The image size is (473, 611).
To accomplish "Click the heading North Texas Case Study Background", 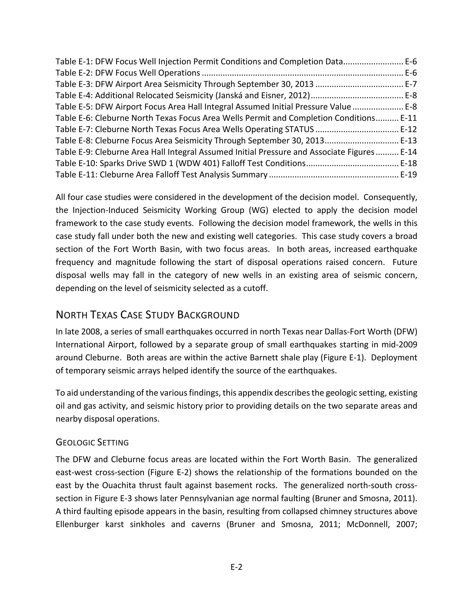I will [147, 315].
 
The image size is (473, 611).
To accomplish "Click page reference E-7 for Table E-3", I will [411, 84].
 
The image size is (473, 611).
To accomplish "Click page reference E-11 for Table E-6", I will [408, 118].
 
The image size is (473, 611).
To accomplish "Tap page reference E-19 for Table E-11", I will [408, 175].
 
